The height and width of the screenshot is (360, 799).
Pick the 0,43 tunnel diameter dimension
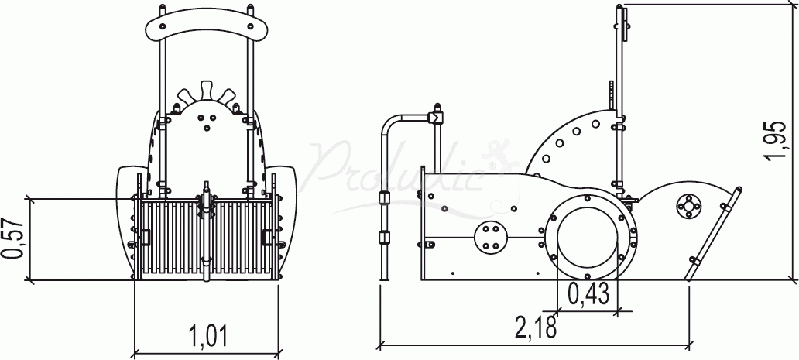coord(588,293)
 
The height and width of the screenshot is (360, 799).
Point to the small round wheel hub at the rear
coord(688,206)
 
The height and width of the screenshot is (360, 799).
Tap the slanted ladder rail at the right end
coord(712,232)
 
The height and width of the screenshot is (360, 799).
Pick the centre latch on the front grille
coord(207,204)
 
